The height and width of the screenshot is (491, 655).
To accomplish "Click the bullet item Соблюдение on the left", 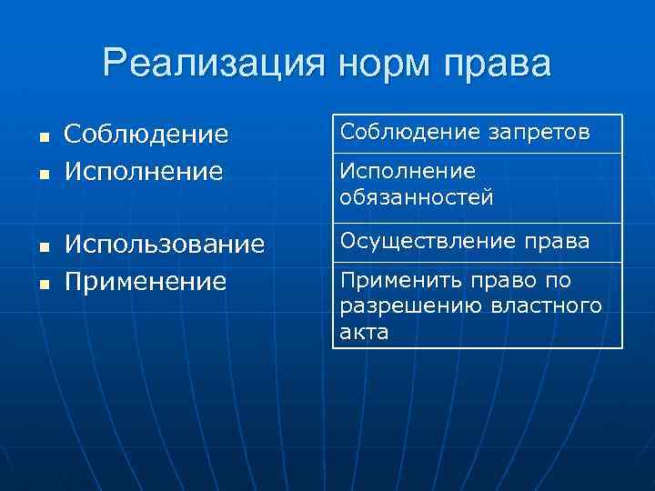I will [146, 135].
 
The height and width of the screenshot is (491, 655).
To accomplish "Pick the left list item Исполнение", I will [144, 170].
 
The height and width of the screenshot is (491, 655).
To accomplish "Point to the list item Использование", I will [165, 244].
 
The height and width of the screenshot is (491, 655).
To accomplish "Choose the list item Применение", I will [145, 280].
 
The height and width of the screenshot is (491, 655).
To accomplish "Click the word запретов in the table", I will [543, 133].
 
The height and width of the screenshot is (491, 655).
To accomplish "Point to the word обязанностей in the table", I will [417, 196].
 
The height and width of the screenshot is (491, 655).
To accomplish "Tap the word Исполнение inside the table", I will [408, 171].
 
